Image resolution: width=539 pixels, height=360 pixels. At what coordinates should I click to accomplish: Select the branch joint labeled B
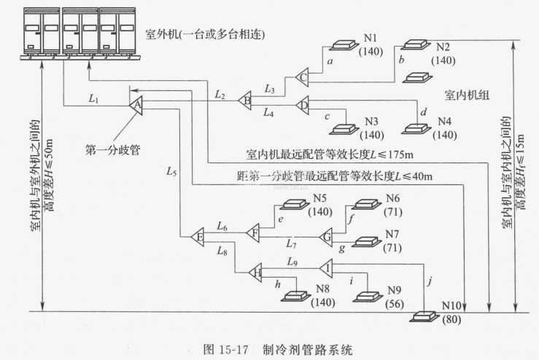click(247, 101)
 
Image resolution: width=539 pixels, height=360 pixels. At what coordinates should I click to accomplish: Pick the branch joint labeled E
click(196, 236)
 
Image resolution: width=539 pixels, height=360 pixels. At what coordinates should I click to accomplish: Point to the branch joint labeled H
click(255, 273)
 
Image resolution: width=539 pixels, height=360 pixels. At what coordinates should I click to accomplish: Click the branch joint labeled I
click(326, 269)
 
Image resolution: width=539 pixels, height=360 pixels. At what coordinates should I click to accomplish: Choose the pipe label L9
click(292, 260)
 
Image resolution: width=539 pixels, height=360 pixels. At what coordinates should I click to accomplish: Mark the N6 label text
click(393, 199)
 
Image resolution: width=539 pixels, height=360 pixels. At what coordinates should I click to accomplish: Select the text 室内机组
click(467, 95)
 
